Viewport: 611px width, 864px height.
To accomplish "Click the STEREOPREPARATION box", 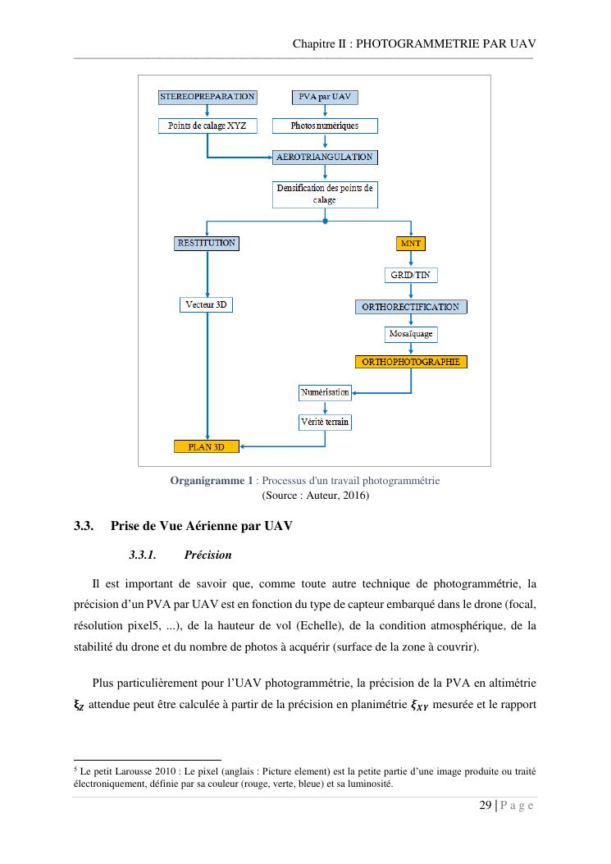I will click(207, 97).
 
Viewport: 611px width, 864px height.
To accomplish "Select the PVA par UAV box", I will click(325, 97).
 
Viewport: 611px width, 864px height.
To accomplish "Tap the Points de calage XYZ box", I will click(207, 126).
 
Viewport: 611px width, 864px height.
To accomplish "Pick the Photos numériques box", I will click(325, 126).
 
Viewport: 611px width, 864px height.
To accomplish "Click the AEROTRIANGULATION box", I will click(325, 157).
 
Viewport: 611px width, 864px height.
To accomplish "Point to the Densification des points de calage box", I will click(325, 194).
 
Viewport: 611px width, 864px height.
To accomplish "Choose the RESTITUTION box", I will click(207, 243).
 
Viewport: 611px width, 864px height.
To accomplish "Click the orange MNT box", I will click(410, 244).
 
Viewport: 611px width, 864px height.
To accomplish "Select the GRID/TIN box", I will click(410, 275).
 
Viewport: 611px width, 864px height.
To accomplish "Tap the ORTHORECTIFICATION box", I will click(410, 307).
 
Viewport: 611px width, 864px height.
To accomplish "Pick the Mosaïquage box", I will click(410, 335).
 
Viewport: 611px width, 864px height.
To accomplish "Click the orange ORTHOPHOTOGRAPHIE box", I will click(410, 362).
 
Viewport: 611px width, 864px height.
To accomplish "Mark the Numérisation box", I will click(325, 392).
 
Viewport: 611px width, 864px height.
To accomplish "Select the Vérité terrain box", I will click(325, 422).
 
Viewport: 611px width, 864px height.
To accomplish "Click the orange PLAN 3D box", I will click(207, 446).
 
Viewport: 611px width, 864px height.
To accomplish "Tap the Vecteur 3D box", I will click(207, 304).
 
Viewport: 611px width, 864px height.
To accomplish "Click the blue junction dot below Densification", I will click(326, 221).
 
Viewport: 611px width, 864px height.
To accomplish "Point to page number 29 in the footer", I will click(486, 806).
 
